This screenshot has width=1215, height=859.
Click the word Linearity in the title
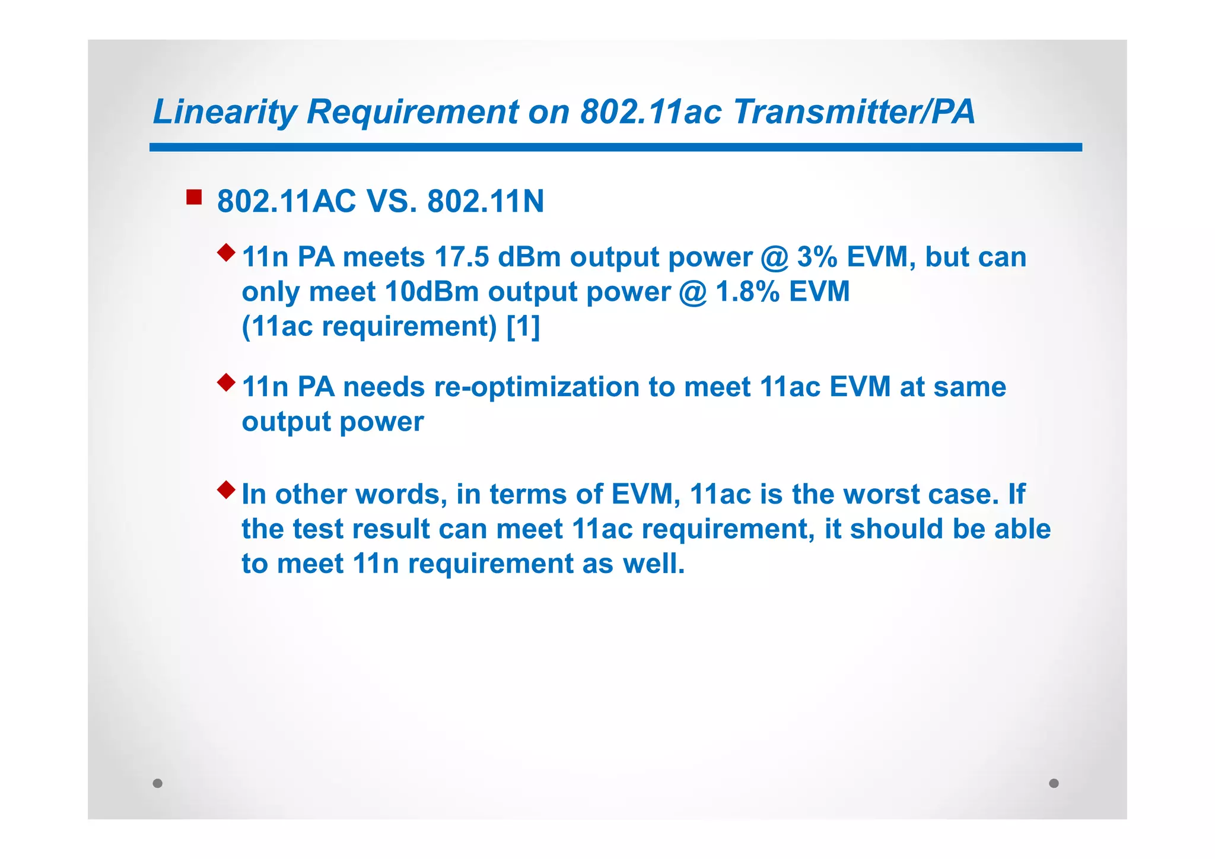click(225, 112)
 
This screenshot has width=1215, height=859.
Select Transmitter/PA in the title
click(854, 112)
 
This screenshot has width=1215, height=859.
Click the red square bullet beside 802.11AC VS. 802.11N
click(194, 197)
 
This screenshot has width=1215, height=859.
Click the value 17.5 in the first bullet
click(462, 257)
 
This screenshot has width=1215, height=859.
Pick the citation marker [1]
click(523, 326)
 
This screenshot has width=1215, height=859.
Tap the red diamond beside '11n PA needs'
click(226, 383)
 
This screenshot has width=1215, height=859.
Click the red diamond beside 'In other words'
click(226, 490)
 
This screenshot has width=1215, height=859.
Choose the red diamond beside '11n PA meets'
click(226, 253)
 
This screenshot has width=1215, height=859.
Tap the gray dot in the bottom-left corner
click(157, 783)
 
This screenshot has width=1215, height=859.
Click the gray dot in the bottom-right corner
click(1054, 783)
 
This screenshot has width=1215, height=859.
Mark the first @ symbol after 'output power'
click(774, 257)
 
